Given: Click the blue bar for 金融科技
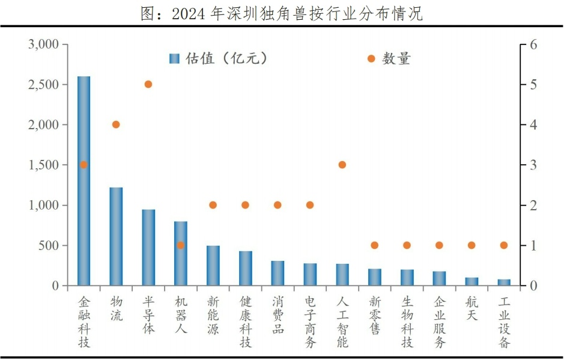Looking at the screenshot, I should pos(83,180).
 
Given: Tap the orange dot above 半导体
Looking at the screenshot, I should pos(148,85).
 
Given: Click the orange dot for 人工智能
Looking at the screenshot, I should pos(342,165).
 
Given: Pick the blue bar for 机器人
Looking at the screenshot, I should pos(181,253).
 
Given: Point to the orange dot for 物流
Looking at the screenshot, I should pos(116,125).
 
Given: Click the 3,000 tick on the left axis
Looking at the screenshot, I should pos(43,45).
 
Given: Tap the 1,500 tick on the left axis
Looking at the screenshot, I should pos(43,165).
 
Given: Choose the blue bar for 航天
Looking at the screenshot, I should pos(472,281).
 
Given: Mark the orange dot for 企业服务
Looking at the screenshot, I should pos(439,245).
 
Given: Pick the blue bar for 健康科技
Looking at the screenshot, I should pos(245,268).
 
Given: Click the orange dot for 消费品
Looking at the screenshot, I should pos(277,205).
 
